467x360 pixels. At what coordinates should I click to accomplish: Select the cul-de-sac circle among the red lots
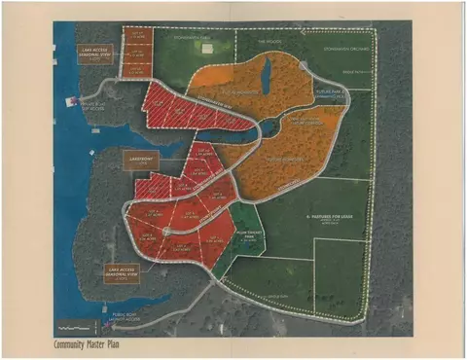(x=167, y=231)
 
